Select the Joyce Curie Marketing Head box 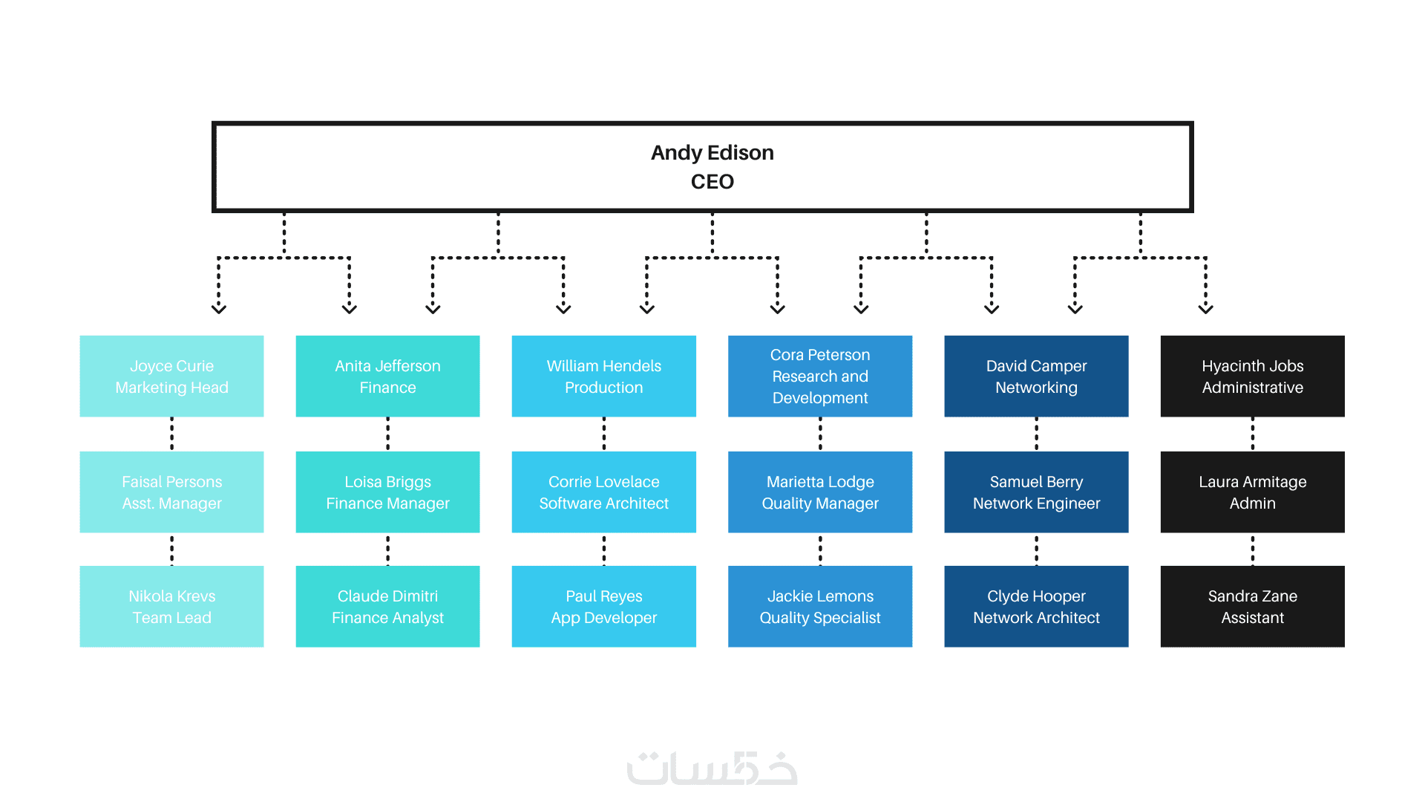pos(171,376)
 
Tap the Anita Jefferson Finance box pos(387,376)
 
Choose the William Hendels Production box pos(603,376)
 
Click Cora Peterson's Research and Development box pos(820,376)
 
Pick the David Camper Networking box pos(1036,376)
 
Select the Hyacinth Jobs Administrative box pos(1252,376)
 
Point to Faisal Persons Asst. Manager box pos(171,492)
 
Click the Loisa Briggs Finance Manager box pos(387,492)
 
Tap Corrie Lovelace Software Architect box pos(603,492)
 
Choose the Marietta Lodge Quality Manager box pos(820,492)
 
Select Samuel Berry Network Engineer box pos(1036,492)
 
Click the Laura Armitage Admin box pos(1252,492)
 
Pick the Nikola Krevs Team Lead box pos(171,606)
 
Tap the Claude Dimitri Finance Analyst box pos(387,606)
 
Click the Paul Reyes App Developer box pos(603,606)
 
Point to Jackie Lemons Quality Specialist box pos(820,606)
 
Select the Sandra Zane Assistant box pos(1252,606)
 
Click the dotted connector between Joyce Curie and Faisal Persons pos(171,434)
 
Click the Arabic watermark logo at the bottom pos(712,768)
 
